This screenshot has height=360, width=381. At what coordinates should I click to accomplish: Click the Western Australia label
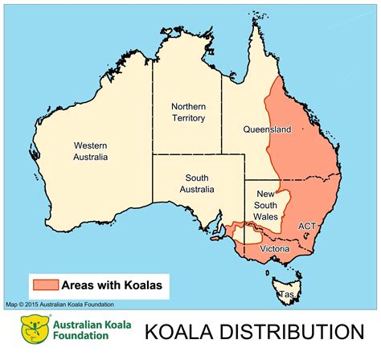pos(91,151)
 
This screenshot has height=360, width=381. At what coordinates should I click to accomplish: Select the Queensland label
pos(267,129)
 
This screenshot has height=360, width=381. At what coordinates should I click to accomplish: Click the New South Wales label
pos(266,205)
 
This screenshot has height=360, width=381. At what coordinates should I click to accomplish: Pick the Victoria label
pos(275,248)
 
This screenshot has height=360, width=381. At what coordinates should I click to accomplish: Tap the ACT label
pos(307,227)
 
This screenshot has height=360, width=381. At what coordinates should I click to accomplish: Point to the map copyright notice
pos(59,305)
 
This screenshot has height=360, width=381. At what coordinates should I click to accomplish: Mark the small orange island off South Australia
pos(215,238)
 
